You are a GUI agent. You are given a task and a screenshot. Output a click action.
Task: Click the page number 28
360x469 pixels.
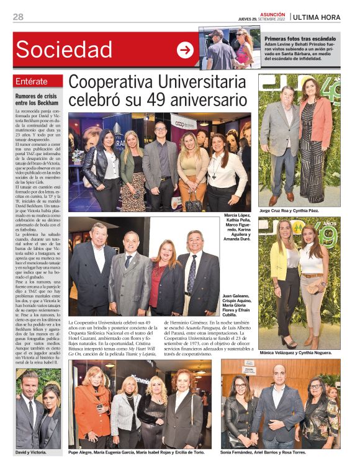(x=18, y=17)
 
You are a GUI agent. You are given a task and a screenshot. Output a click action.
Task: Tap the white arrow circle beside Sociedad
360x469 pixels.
(x=185, y=50)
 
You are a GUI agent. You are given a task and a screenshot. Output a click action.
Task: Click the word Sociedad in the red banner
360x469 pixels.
(x=65, y=50)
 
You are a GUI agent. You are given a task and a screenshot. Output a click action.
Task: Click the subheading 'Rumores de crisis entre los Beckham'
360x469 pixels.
(x=38, y=99)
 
